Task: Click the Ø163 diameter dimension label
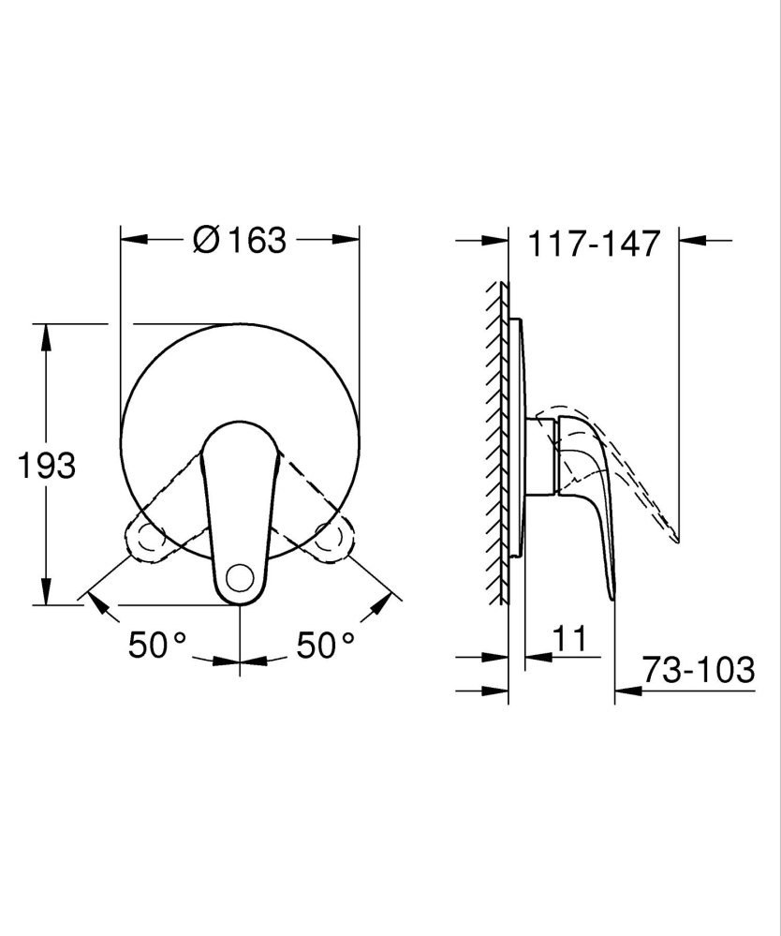(240, 240)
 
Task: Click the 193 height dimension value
(47, 465)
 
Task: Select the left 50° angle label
(157, 645)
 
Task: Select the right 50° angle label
(326, 645)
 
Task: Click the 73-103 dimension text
(699, 670)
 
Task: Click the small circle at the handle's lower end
(242, 578)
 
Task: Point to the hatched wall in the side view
(494, 440)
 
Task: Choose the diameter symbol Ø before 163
(206, 240)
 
